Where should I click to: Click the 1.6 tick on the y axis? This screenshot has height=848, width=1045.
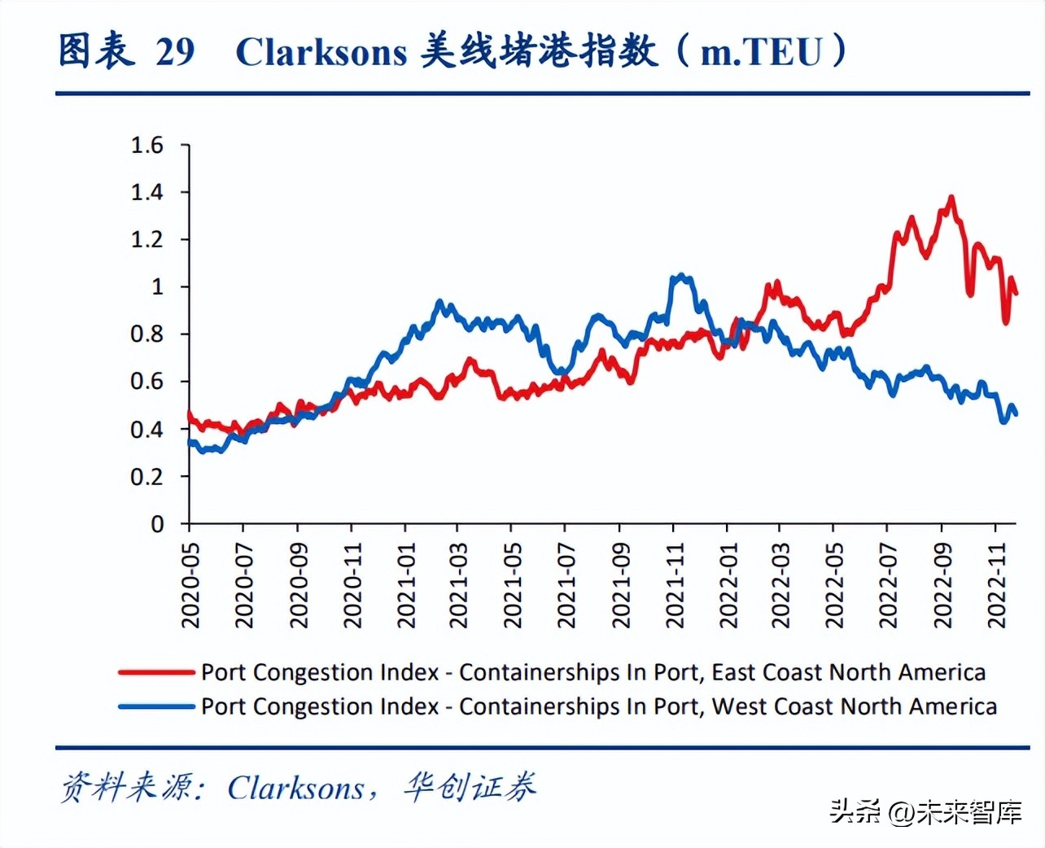[x=147, y=146]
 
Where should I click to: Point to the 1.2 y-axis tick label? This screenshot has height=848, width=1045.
[x=147, y=240]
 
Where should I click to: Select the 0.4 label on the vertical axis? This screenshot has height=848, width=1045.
[x=147, y=430]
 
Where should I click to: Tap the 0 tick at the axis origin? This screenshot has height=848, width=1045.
[x=157, y=524]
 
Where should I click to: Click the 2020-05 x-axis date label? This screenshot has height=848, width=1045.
[x=190, y=587]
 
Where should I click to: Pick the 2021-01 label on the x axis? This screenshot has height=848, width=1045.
[x=406, y=587]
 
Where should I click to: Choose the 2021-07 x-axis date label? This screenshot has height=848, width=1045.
[x=566, y=587]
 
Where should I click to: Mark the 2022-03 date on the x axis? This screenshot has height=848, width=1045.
[x=780, y=587]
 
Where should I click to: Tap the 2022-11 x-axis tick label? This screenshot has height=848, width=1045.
[x=997, y=587]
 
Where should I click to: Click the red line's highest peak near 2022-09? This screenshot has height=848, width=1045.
[x=951, y=198]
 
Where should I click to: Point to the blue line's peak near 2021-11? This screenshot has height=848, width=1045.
[x=681, y=277]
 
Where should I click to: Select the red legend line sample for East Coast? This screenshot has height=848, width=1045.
[x=157, y=672]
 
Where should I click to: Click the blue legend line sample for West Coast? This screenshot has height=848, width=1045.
[x=157, y=706]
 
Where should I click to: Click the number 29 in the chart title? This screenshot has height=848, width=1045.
[x=175, y=52]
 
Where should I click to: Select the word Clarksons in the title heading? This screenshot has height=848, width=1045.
[x=321, y=52]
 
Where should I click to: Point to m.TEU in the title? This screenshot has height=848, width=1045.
[x=762, y=52]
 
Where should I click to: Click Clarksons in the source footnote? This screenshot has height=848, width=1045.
[x=296, y=788]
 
